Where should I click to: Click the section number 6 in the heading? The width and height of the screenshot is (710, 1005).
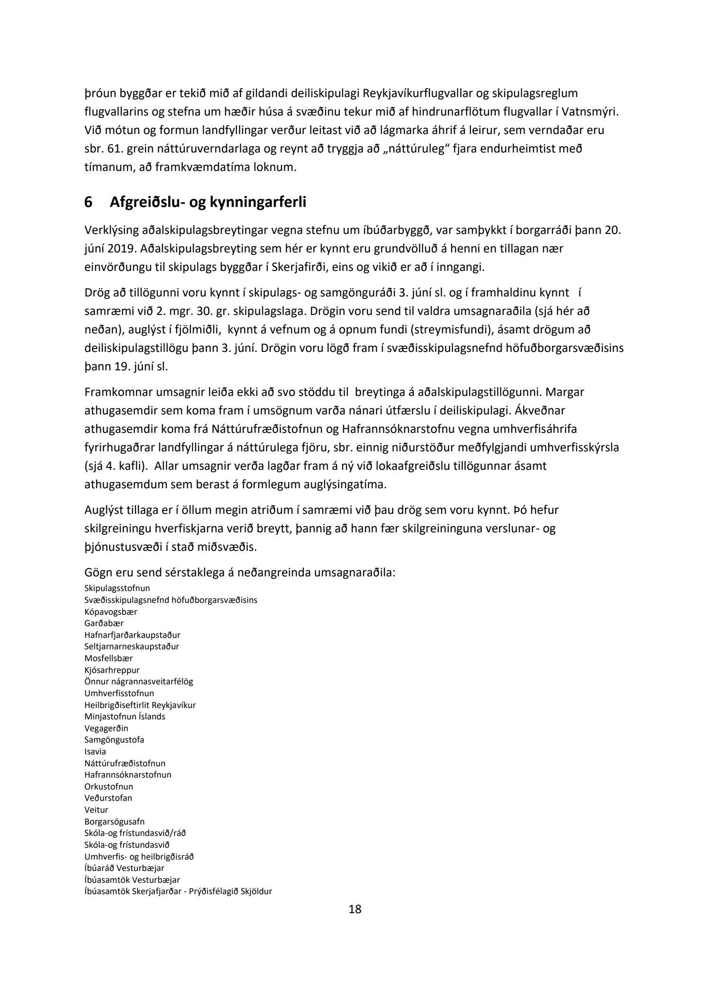tap(88, 202)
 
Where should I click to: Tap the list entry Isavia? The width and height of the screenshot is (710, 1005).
tap(95, 752)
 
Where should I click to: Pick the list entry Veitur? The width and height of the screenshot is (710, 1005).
tap(96, 810)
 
